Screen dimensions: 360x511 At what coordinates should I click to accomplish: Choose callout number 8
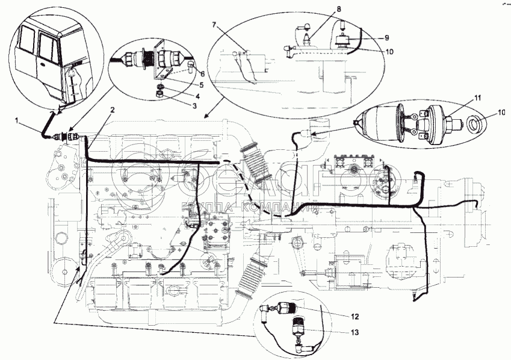[x=338, y=9]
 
